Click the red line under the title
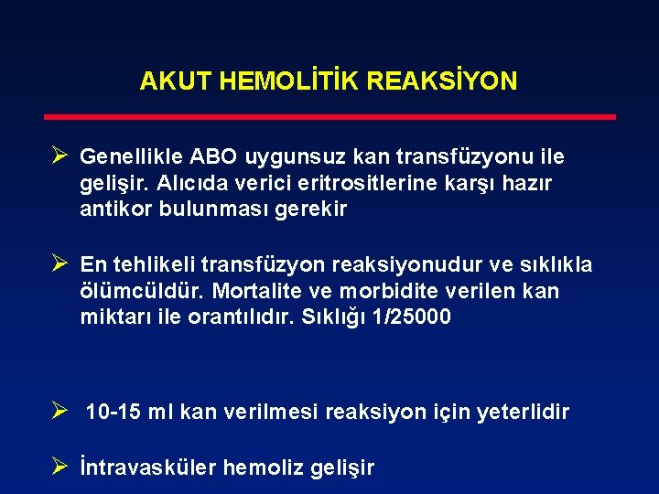click(330, 117)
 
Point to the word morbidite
click(382, 291)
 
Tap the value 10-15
click(113, 413)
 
